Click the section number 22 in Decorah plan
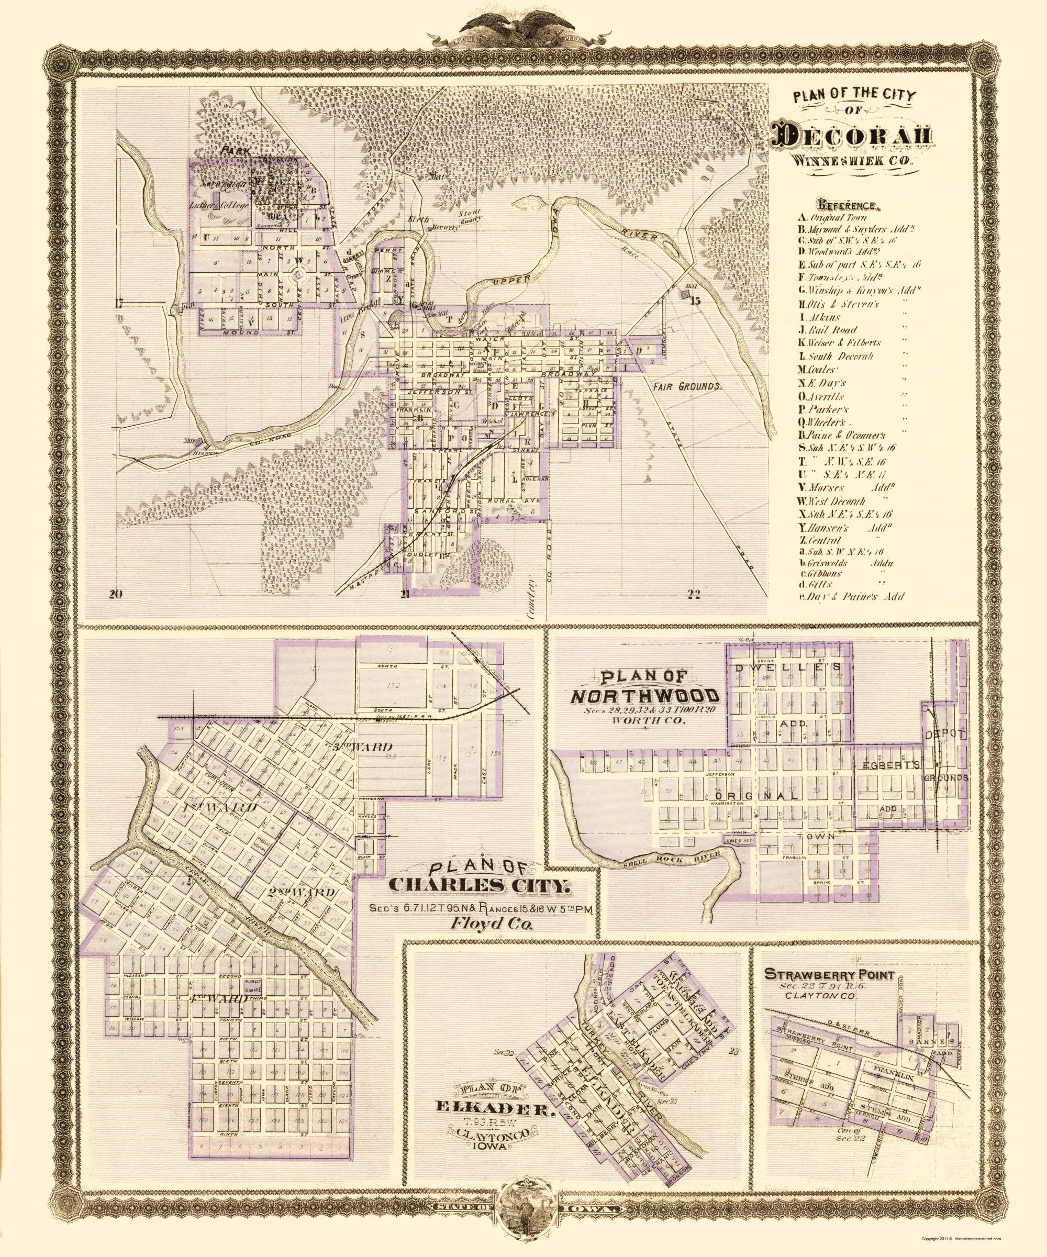[694, 594]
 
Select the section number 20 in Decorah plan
[116, 594]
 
